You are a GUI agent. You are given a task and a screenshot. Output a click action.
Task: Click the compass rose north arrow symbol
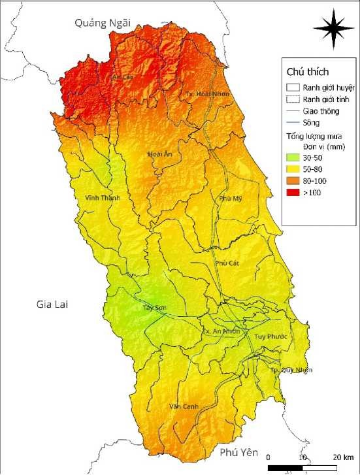tap(334, 29)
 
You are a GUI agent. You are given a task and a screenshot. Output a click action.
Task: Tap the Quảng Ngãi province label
tap(103, 23)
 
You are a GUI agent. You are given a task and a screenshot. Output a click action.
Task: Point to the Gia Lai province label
tap(53, 305)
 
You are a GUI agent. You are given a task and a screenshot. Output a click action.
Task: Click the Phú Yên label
tap(240, 452)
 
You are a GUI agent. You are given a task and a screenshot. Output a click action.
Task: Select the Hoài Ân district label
tap(160, 155)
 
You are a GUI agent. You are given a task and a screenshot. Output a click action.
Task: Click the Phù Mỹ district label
tap(231, 198)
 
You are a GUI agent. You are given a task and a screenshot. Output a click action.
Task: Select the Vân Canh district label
tap(183, 406)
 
